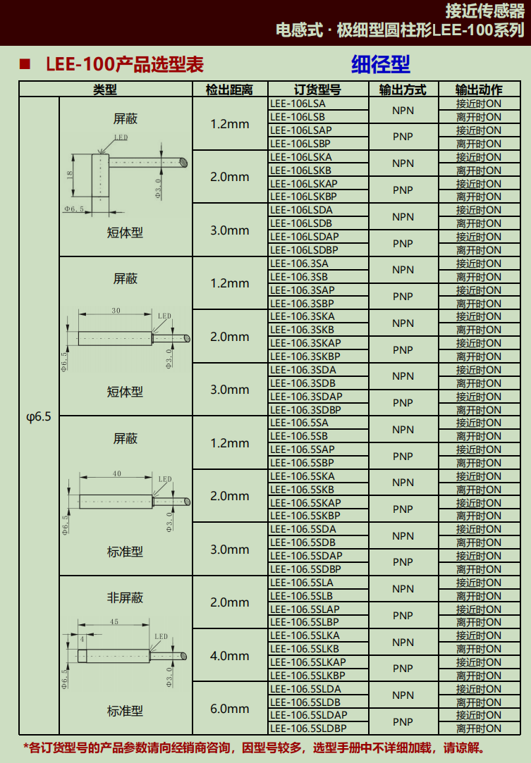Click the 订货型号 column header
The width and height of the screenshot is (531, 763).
click(x=317, y=89)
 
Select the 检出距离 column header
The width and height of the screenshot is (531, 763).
click(x=229, y=89)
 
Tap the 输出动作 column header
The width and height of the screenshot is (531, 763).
click(x=478, y=89)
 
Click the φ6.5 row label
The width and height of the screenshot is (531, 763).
click(x=39, y=416)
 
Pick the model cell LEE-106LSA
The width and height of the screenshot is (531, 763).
click(x=298, y=104)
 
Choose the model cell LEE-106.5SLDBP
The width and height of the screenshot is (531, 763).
click(x=308, y=728)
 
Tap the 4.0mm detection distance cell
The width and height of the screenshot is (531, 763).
click(x=229, y=656)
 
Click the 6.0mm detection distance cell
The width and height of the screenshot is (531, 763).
click(x=229, y=709)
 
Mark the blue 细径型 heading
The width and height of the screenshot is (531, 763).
click(x=381, y=64)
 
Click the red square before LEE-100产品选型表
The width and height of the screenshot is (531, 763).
click(x=25, y=63)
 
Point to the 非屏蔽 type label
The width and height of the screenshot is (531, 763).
click(x=126, y=597)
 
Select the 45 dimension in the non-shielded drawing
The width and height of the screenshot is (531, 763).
click(x=114, y=621)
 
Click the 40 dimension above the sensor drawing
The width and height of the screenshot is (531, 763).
click(x=117, y=473)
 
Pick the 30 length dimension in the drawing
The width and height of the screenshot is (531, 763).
click(x=116, y=311)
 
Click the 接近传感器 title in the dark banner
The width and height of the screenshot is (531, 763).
click(x=484, y=11)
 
